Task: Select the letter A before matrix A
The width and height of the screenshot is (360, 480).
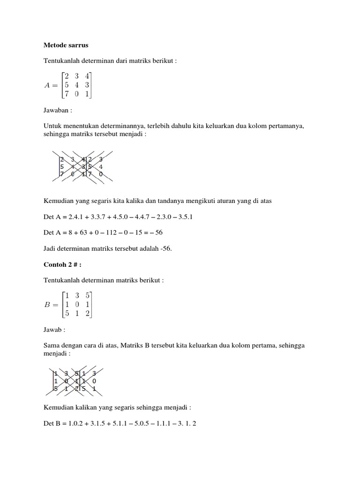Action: [x=47, y=85]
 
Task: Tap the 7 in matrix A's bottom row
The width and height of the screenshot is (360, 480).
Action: [x=67, y=94]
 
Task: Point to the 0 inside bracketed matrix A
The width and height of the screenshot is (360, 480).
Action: [x=77, y=94]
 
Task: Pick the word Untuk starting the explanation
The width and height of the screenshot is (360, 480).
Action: [x=52, y=126]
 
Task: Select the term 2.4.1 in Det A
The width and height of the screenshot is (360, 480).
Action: [x=75, y=217]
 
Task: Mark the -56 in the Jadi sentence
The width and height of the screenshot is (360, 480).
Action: [x=165, y=248]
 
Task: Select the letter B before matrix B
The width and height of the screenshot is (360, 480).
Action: [x=47, y=304]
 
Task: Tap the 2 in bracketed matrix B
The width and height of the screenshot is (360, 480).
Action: [x=87, y=314]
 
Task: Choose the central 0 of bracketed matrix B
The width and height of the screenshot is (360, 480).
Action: [x=77, y=304]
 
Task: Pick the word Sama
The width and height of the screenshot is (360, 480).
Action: [x=52, y=345]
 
